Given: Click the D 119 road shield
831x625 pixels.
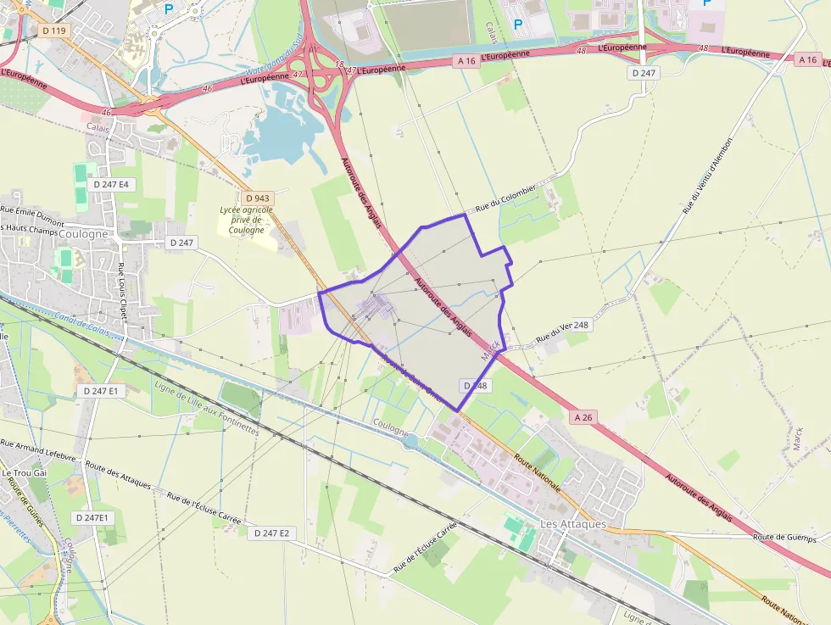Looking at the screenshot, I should pyautogui.click(x=53, y=31).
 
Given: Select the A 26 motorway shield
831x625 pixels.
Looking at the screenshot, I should pyautogui.click(x=583, y=417).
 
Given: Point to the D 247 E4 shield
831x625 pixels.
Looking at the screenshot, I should pyautogui.click(x=111, y=184).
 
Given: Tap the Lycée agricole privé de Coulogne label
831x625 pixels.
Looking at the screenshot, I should pyautogui.click(x=247, y=219).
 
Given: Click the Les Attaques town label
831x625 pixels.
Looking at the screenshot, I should pyautogui.click(x=573, y=524).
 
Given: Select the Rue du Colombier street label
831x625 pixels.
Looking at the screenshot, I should pyautogui.click(x=505, y=198).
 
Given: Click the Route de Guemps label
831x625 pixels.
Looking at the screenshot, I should pyautogui.click(x=784, y=538).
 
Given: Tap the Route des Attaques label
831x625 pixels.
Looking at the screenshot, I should pyautogui.click(x=118, y=476).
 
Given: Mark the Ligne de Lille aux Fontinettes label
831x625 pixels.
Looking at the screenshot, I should pyautogui.click(x=205, y=408).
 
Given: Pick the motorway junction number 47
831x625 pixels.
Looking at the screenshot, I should pyautogui.click(x=297, y=75).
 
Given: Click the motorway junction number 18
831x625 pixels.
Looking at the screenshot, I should pyautogui.click(x=339, y=64).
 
